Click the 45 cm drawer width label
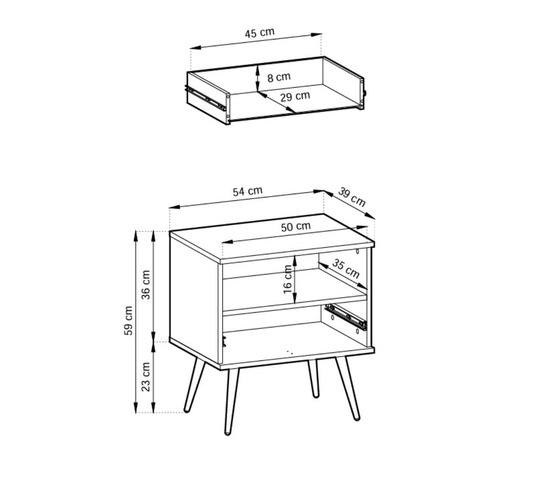tap(260, 33)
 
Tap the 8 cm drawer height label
tap(279, 77)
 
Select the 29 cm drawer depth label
tap(295, 96)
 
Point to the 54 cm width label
tap(248, 191)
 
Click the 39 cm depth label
tap(352, 197)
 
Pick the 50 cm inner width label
tap(296, 227)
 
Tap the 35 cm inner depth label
tap(346, 269)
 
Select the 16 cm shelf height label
tap(287, 279)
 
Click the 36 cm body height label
tap(145, 285)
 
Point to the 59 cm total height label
tap(128, 320)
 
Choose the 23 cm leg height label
tap(145, 377)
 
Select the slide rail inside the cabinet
tap(347, 317)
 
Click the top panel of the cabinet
tap(272, 238)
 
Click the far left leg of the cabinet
tap(194, 384)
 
